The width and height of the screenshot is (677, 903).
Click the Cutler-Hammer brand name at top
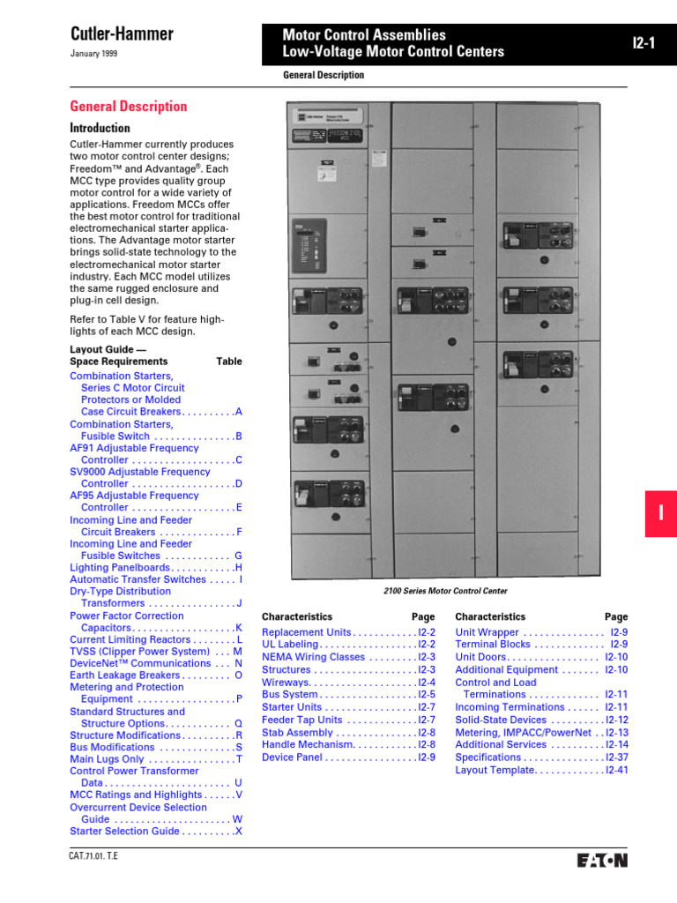tap(122, 34)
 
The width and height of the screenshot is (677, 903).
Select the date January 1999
tap(93, 54)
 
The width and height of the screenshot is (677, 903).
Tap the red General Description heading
tap(129, 107)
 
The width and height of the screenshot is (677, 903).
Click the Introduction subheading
tap(100, 129)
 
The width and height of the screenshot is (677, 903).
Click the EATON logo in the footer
tap(602, 860)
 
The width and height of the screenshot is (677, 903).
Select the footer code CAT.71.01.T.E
tap(93, 856)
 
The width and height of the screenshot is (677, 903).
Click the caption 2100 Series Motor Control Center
tap(445, 591)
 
